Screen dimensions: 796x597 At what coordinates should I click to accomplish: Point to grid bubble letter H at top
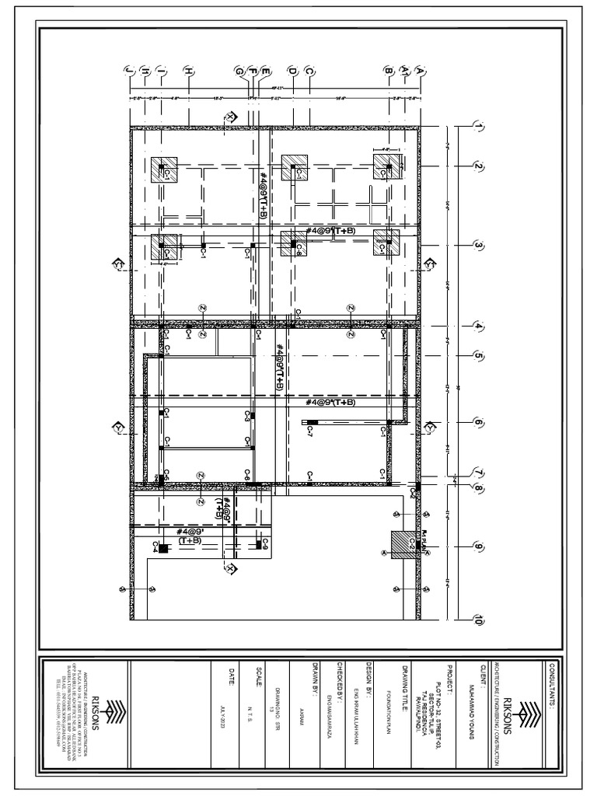coord(188,72)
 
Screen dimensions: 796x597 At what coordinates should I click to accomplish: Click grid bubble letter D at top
coord(292,72)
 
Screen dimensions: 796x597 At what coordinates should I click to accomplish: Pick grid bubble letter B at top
coord(388,72)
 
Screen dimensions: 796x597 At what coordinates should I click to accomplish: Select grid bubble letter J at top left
coord(129,72)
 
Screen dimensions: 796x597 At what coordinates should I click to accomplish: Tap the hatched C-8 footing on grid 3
coord(294,243)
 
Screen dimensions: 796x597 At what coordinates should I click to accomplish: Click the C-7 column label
coord(309,429)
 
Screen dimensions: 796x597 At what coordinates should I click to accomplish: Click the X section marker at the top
coord(230,117)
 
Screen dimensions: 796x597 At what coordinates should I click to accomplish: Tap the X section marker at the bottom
coord(230,570)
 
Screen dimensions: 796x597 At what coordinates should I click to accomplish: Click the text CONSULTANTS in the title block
coord(551,688)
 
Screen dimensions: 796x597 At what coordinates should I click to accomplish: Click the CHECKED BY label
coord(340,685)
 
